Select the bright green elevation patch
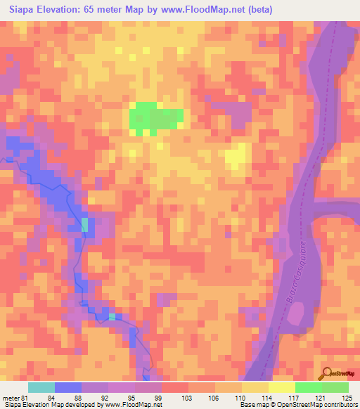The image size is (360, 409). (x=155, y=116)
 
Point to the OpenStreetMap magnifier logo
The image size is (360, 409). (x=327, y=372)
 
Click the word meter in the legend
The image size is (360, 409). (x=11, y=396)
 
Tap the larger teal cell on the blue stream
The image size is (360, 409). (x=85, y=224)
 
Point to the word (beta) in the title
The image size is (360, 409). (x=257, y=9)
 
